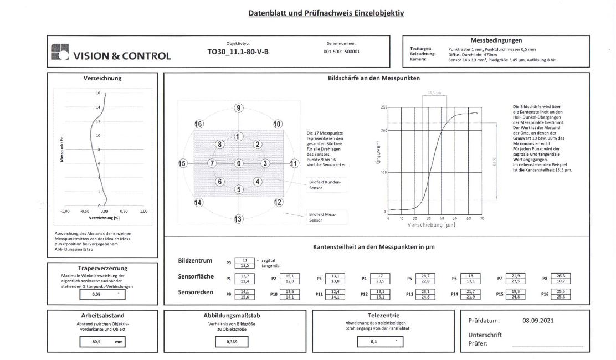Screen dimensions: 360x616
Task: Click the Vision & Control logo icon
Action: (x=59, y=52)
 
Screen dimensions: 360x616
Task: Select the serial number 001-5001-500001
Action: (x=341, y=52)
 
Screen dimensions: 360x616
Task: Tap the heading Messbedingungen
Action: (x=496, y=40)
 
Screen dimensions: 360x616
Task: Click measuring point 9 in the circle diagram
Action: (x=238, y=108)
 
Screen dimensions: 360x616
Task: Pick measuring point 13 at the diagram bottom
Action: (x=238, y=219)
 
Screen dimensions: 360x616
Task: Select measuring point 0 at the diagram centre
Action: (x=238, y=163)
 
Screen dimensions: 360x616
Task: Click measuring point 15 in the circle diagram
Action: (x=183, y=163)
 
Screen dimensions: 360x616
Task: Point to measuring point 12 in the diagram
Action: (x=278, y=203)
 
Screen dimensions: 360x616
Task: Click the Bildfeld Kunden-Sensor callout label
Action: (x=325, y=185)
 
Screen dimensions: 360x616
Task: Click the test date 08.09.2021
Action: (x=537, y=321)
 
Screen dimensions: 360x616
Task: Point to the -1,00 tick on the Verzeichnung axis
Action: (x=65, y=211)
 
